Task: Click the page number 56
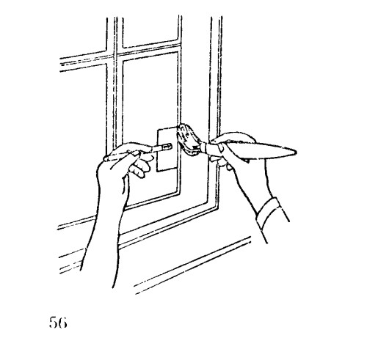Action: (58, 323)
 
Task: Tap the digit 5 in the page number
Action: (53, 323)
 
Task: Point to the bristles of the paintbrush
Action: (188, 139)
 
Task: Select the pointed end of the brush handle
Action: (296, 153)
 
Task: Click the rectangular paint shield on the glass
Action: (167, 149)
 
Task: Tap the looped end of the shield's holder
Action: (167, 147)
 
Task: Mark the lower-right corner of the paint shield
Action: (176, 168)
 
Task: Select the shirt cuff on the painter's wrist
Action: (272, 213)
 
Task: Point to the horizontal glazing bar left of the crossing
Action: (83, 62)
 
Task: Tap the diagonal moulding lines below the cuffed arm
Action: (193, 265)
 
